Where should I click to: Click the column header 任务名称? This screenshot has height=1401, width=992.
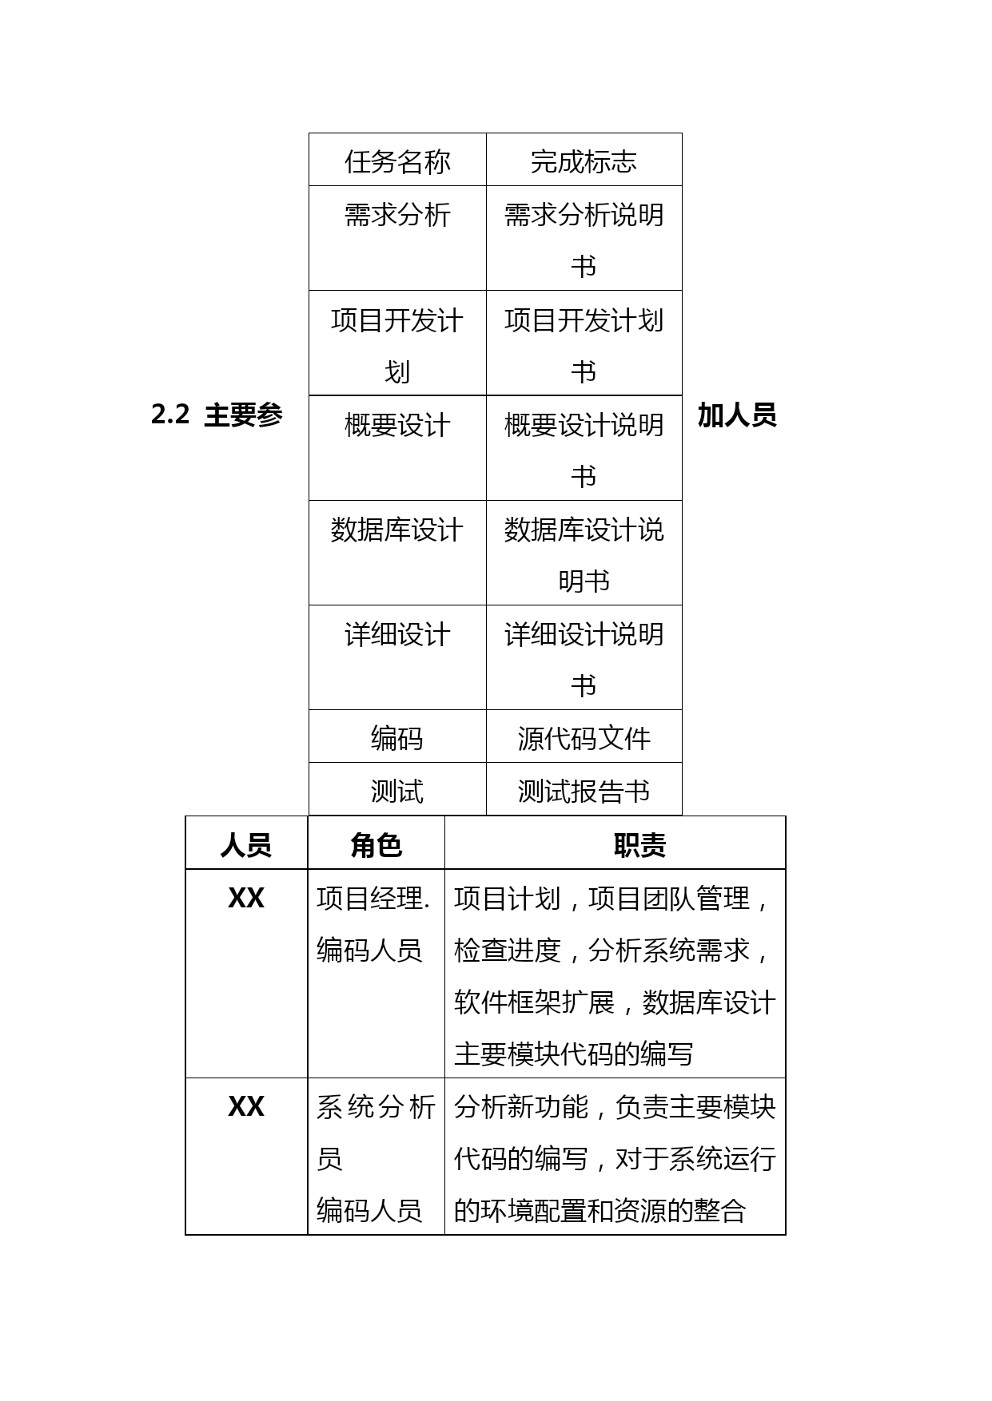pyautogui.click(x=397, y=161)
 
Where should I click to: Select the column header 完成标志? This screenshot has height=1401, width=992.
pyautogui.click(x=584, y=161)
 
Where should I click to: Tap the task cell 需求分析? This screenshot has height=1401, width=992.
pyautogui.click(x=397, y=215)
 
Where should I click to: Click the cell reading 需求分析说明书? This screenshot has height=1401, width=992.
pyautogui.click(x=584, y=240)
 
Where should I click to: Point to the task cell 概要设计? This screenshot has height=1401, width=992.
pyautogui.click(x=397, y=425)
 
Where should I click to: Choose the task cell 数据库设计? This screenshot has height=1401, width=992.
pyautogui.click(x=397, y=530)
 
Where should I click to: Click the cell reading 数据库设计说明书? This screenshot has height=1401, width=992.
pyautogui.click(x=584, y=555)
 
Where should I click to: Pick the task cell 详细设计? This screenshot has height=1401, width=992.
pyautogui.click(x=397, y=635)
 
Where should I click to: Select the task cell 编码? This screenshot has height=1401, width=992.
pyautogui.click(x=397, y=738)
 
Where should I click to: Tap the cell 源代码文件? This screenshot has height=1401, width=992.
pyautogui.click(x=584, y=738)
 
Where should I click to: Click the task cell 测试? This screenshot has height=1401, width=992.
pyautogui.click(x=397, y=792)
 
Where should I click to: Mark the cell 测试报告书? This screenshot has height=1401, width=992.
pyautogui.click(x=584, y=792)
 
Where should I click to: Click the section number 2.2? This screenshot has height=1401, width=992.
pyautogui.click(x=170, y=415)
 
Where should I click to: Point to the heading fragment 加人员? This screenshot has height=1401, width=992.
pyautogui.click(x=737, y=415)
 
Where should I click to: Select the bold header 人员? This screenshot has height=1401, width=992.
pyautogui.click(x=246, y=845)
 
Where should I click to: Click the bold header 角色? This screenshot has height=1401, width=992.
pyautogui.click(x=376, y=845)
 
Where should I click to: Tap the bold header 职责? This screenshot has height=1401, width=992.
pyautogui.click(x=639, y=845)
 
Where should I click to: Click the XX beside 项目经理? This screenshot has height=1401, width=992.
pyautogui.click(x=246, y=899)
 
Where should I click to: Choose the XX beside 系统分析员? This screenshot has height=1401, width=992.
pyautogui.click(x=246, y=1107)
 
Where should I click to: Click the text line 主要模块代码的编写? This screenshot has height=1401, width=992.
pyautogui.click(x=574, y=1054)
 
